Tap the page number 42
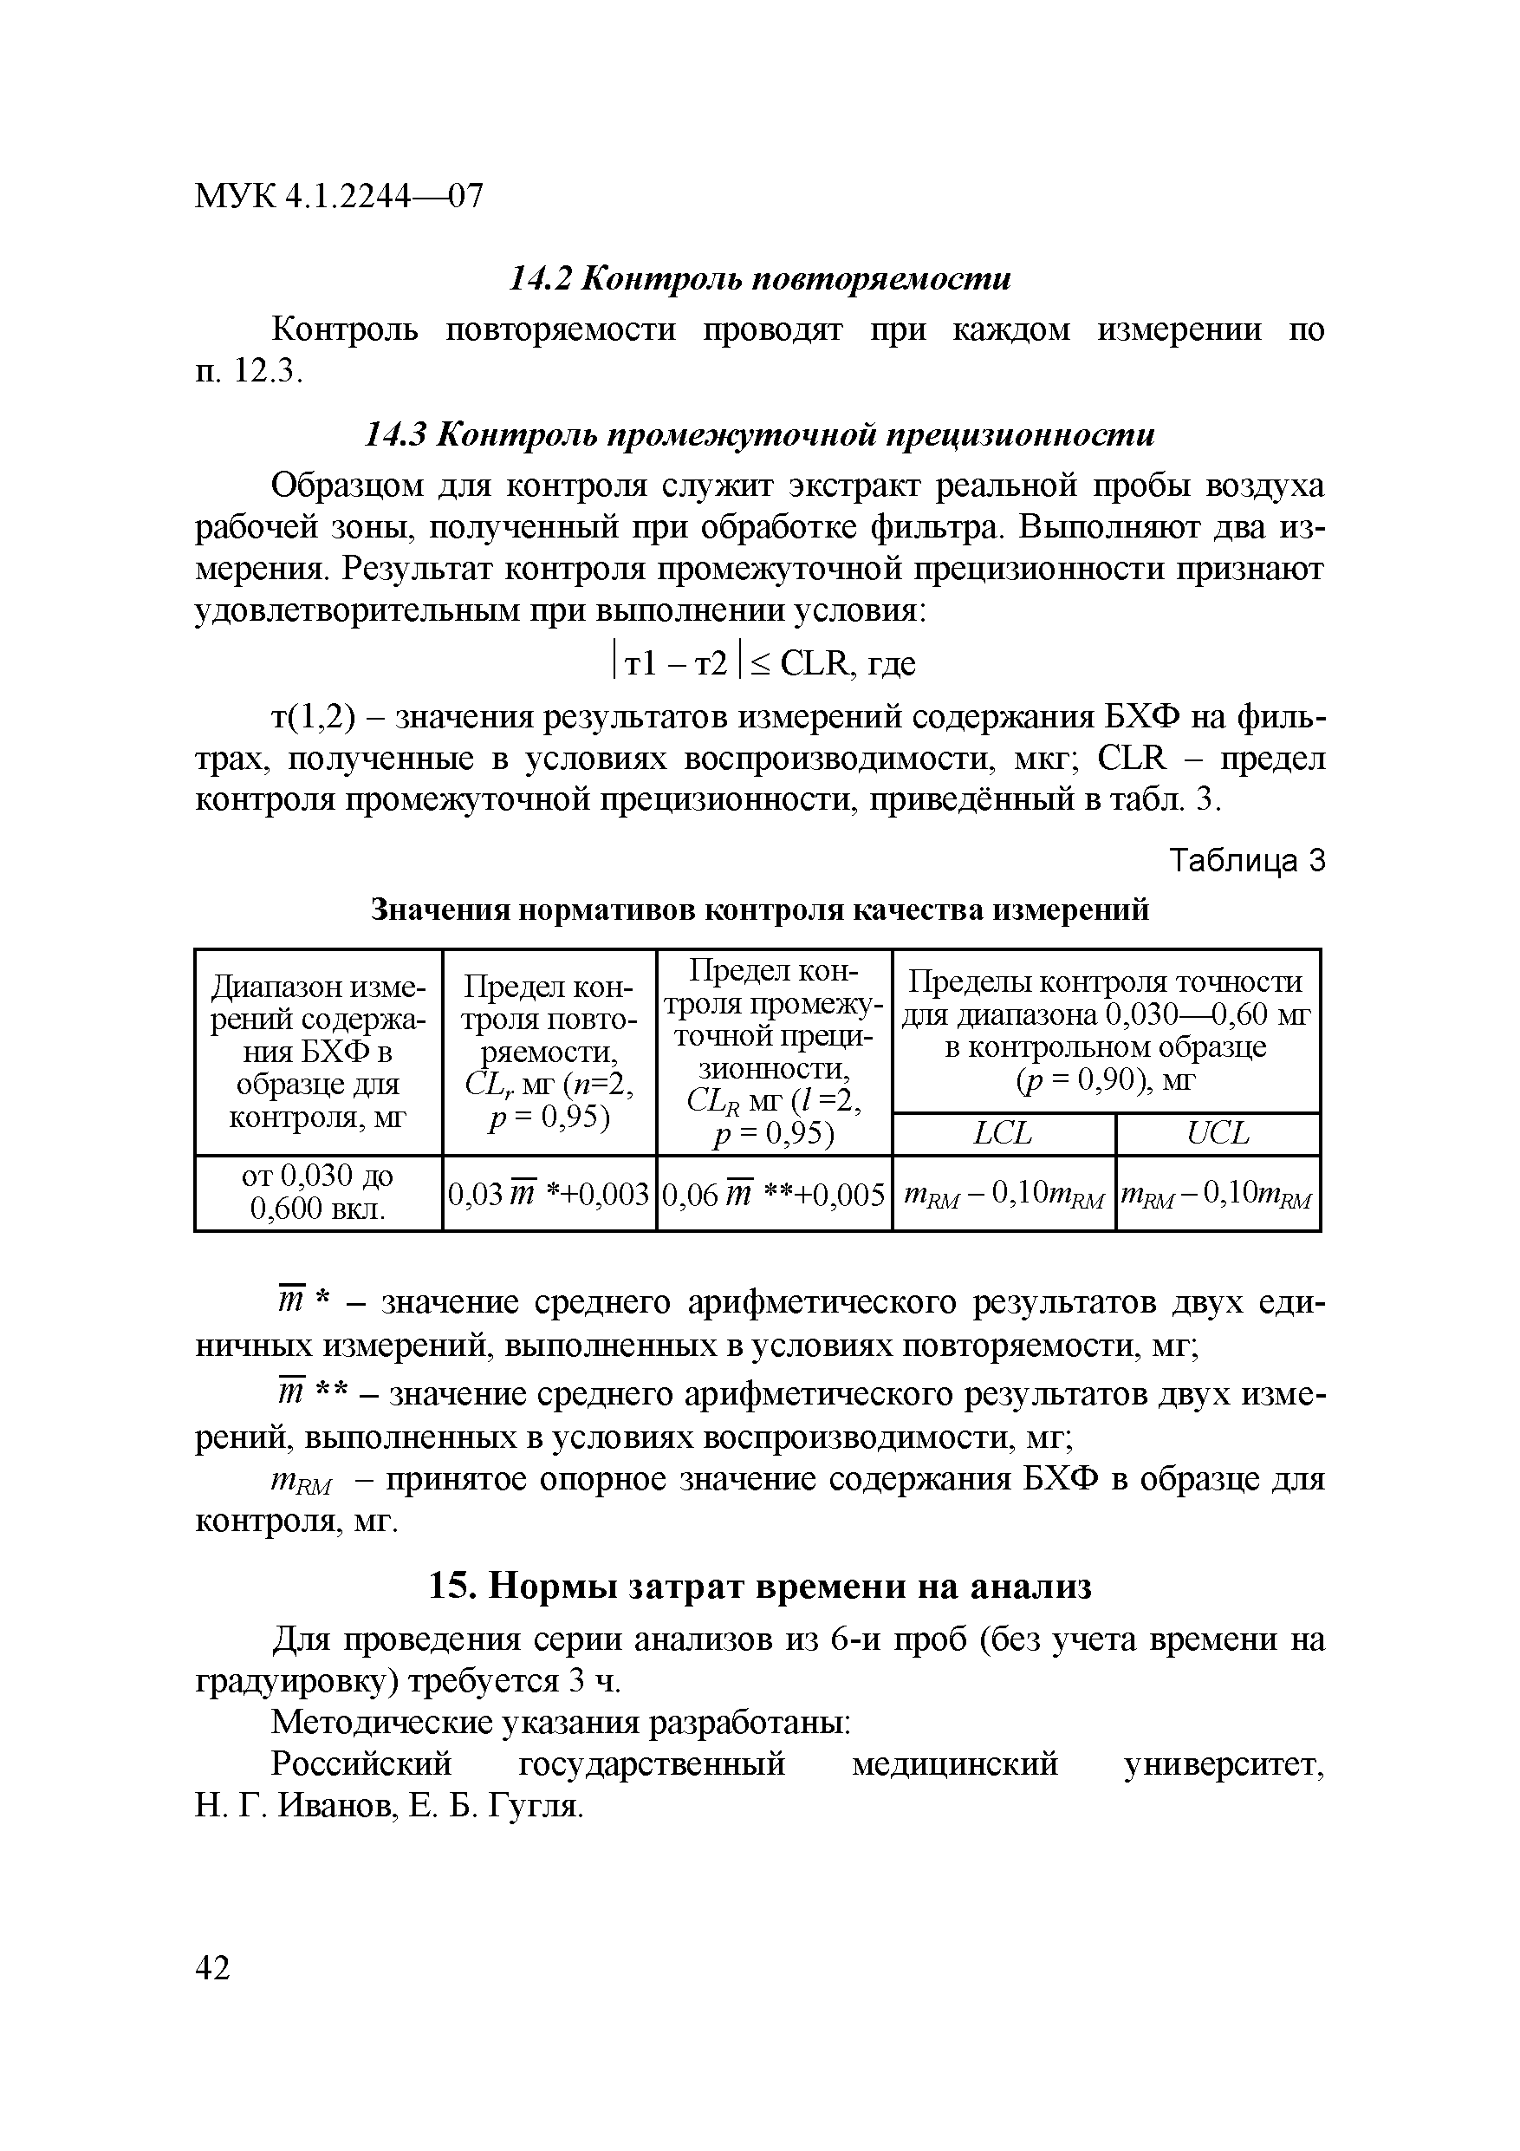coord(212,1968)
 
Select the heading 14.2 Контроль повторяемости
coord(759,279)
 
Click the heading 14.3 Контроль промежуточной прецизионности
coord(759,434)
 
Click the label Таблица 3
coord(1249,860)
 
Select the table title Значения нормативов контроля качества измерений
coord(759,909)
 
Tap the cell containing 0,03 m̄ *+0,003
coord(549,1194)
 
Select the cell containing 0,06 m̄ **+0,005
coord(774,1194)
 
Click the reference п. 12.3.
coord(249,372)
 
